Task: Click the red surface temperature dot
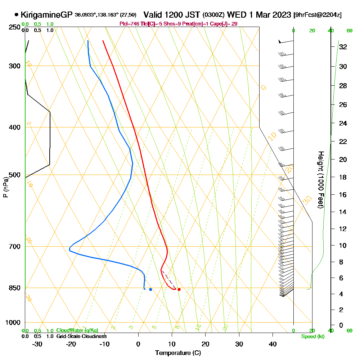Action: pos(179,289)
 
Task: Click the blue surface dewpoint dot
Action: pos(150,289)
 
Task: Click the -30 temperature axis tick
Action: pos(37,344)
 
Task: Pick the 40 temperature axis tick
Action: pos(273,344)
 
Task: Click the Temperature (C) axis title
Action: pos(178,353)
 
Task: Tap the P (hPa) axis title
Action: pos(5,187)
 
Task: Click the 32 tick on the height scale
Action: pos(343,47)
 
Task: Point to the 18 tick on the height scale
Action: pos(343,177)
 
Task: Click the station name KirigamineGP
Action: pos(47,15)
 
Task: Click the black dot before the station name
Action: pos(17,15)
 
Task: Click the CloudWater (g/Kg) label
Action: pos(77,330)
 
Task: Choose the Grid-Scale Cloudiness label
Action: pos(81,336)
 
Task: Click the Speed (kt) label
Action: pos(312,336)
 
